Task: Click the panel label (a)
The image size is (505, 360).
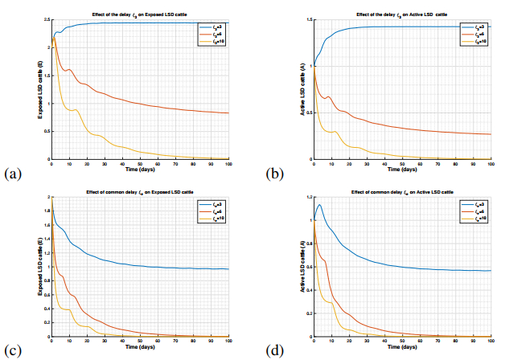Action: point(11,173)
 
